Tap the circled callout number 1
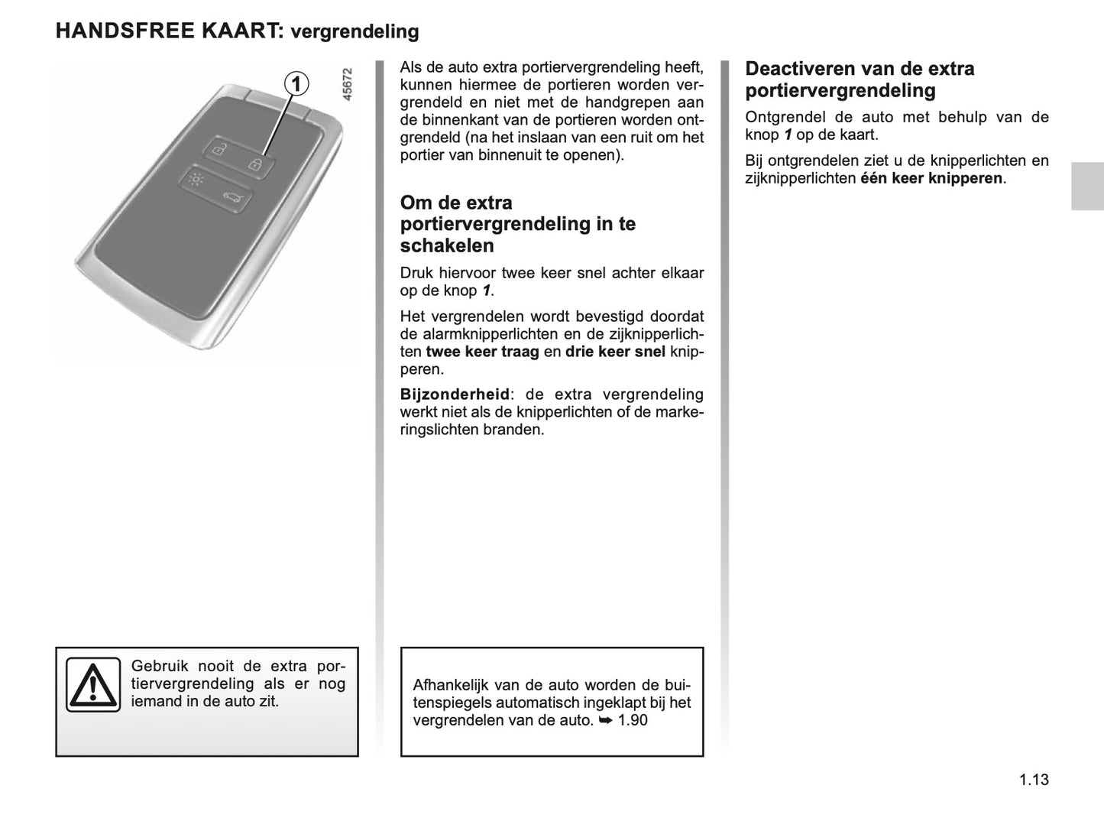coord(297,83)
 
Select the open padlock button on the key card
coord(219,150)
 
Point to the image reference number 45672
coord(348,85)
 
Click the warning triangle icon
coord(92,684)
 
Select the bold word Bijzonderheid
coord(455,394)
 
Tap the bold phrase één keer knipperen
coord(931,178)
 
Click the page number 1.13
coord(1033,780)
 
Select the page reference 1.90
coord(633,720)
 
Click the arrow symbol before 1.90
coord(605,720)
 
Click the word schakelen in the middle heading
coord(447,245)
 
